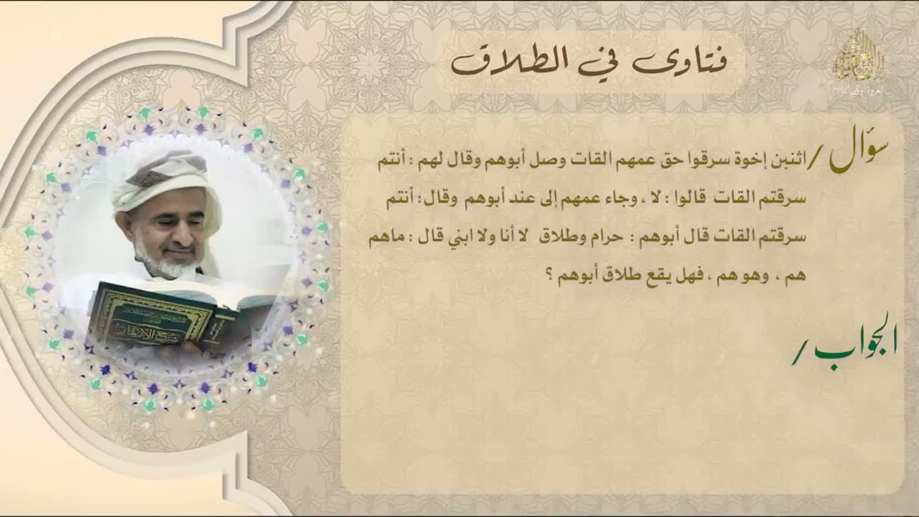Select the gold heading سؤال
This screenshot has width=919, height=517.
858,154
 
